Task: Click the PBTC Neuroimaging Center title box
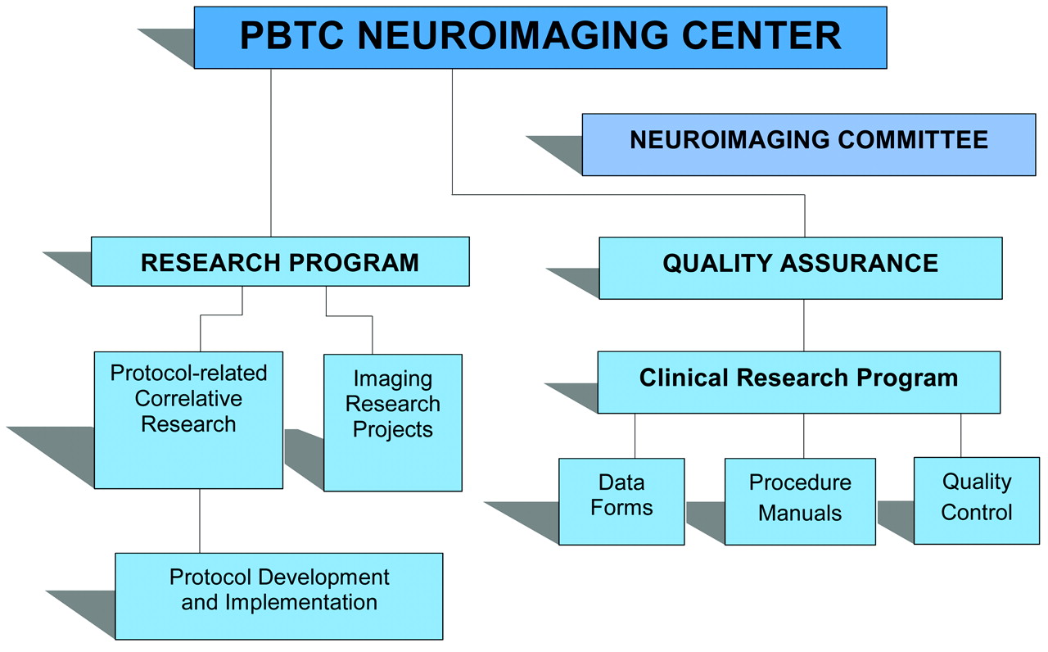[x=540, y=37]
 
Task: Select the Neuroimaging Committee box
[x=808, y=144]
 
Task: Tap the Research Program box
[x=280, y=261]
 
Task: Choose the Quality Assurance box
[x=800, y=268]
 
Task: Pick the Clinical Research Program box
[x=798, y=382]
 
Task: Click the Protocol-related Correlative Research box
[x=188, y=420]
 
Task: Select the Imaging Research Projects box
[x=393, y=422]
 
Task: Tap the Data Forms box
[x=621, y=501]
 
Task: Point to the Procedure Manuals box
[x=800, y=501]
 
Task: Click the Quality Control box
[x=976, y=500]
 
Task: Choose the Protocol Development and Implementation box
[x=278, y=595]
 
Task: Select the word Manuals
[x=800, y=514]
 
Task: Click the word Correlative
[x=188, y=399]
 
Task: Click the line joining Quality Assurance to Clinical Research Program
[x=803, y=325]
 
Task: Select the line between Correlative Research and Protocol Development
[x=199, y=521]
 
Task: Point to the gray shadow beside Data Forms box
[x=524, y=516]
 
